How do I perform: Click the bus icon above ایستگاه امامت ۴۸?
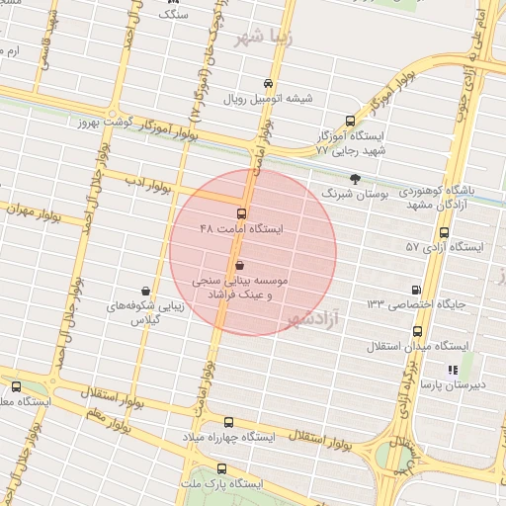point(242,213)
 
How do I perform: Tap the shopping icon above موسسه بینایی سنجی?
point(241,265)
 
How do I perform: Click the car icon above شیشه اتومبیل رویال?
point(269,83)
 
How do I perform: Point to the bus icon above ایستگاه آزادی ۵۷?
point(444,233)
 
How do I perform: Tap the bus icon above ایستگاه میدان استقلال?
point(418,332)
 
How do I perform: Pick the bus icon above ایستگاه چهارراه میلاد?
point(229,422)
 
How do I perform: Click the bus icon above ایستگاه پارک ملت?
point(221,469)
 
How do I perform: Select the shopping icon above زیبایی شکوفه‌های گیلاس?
point(146,291)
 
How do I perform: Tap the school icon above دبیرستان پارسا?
point(452,370)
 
